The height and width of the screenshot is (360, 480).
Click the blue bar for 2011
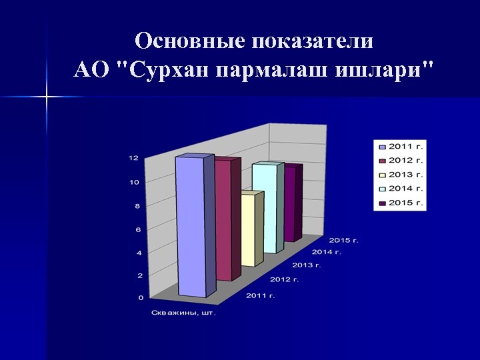[192, 227]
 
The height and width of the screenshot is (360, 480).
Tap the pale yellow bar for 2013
[247, 230]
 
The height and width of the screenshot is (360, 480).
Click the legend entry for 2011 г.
[400, 145]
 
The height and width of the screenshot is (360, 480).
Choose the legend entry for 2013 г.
[400, 174]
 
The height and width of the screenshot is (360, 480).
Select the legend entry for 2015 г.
[400, 202]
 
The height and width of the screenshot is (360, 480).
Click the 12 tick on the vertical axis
[133, 158]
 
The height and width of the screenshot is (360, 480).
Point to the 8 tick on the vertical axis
[137, 205]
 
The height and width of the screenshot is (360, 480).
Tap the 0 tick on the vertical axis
[140, 297]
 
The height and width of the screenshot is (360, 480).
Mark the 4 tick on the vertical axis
[138, 253]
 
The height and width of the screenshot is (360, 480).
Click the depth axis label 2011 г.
[261, 295]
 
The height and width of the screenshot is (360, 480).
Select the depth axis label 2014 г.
[327, 252]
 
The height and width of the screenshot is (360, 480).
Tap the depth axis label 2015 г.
[344, 240]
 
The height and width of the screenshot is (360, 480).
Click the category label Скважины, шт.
[183, 312]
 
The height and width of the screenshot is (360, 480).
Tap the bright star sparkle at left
[47, 98]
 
